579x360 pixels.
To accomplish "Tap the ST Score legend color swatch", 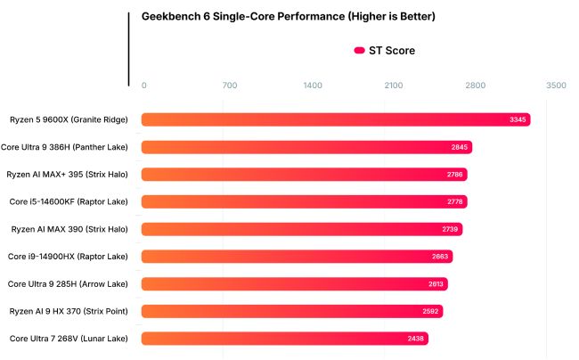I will click(x=359, y=51).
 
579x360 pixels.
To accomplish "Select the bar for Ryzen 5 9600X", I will click(x=336, y=119).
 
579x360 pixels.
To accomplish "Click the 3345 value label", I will click(x=518, y=119).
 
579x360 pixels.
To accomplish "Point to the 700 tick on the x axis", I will click(x=229, y=86).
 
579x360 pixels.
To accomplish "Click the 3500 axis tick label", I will click(x=555, y=86).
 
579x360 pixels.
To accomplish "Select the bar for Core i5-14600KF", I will click(x=304, y=202).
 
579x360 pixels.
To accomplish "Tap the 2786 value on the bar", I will click(x=454, y=175).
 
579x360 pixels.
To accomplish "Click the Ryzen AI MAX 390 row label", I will click(x=69, y=229).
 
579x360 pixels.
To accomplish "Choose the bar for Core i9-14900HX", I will click(x=297, y=257).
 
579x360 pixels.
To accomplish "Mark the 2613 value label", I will click(x=435, y=284).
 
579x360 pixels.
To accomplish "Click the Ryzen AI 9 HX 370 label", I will click(x=69, y=311).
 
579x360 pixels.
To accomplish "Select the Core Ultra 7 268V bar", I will click(x=284, y=339).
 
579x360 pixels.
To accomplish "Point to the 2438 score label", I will click(x=416, y=339).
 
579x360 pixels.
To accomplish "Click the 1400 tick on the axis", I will click(x=312, y=86).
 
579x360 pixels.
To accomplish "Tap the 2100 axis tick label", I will click(x=394, y=86).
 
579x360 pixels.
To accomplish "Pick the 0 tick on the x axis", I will click(x=144, y=86).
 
